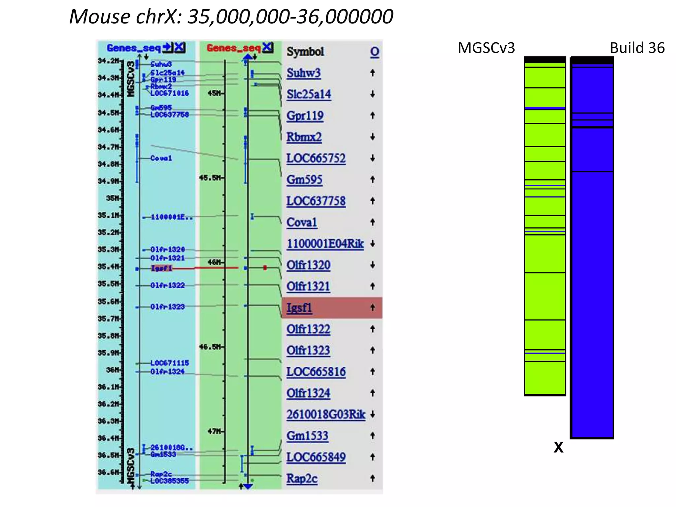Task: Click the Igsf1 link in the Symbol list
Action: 299,308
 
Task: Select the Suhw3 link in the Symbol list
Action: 303,73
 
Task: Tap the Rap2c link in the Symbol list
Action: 302,478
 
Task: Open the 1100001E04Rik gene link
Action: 325,244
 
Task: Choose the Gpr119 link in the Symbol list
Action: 305,116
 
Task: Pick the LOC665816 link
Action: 316,372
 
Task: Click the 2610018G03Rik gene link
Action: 326,414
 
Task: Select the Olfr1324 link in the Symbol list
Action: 308,393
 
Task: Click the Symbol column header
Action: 305,51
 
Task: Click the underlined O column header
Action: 374,52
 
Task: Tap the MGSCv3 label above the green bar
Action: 486,48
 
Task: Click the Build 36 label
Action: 637,48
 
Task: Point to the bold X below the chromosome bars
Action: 558,448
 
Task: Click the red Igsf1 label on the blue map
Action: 161,268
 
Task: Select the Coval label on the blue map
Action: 161,158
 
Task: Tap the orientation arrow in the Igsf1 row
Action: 373,308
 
